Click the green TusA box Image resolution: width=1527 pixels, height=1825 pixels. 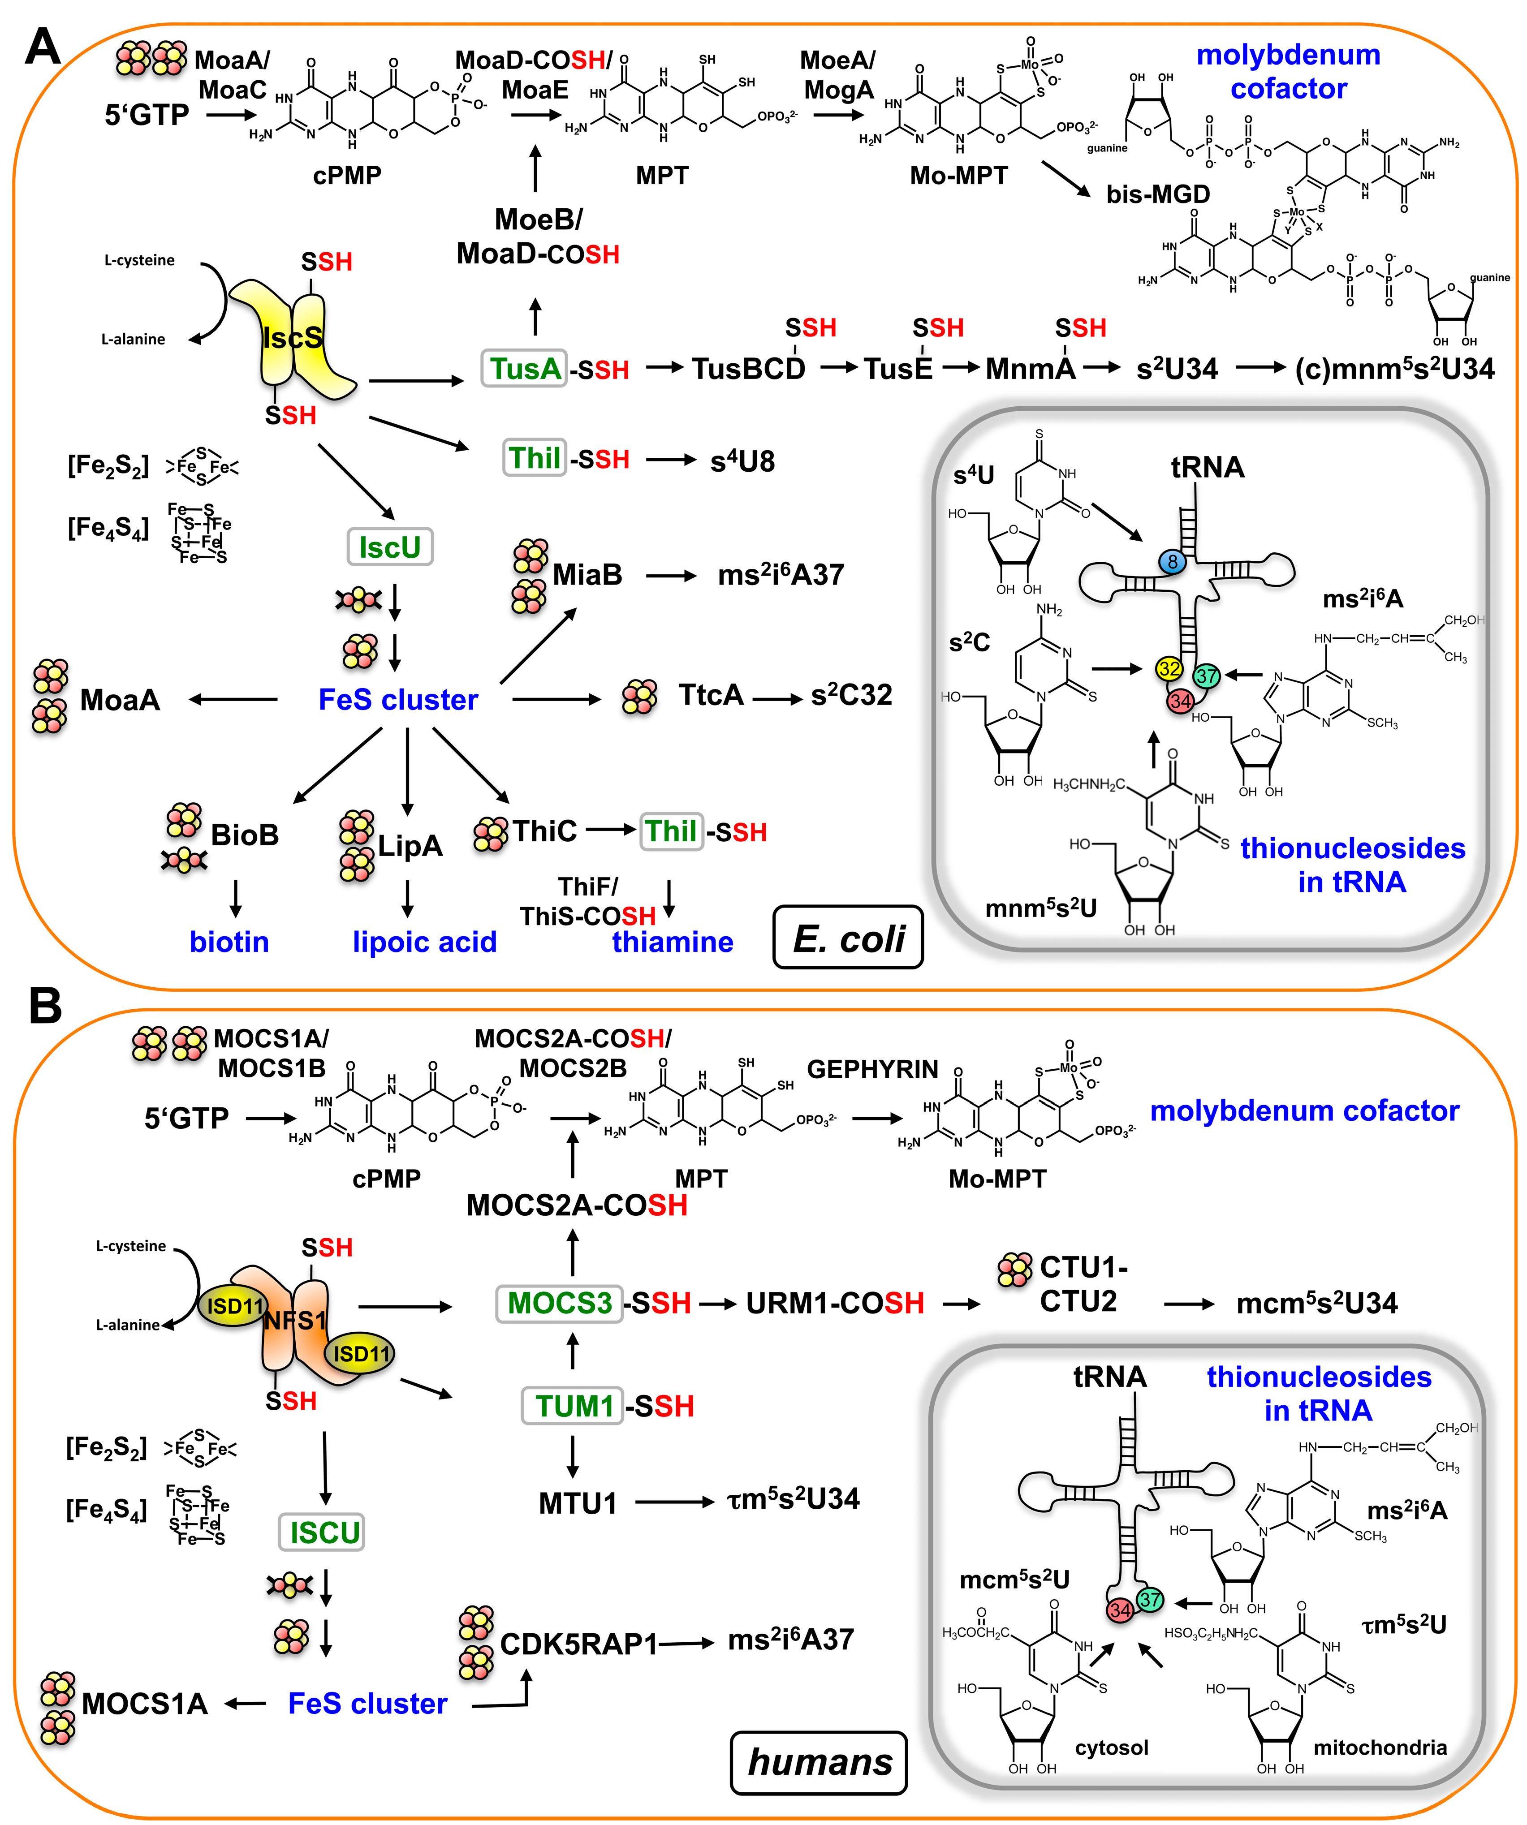(x=524, y=369)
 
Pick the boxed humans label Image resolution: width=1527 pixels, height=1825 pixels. (x=820, y=1762)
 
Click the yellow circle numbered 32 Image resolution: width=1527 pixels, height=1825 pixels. (x=1169, y=668)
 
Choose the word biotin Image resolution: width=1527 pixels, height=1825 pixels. (x=229, y=942)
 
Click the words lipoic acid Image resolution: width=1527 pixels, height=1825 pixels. (x=425, y=942)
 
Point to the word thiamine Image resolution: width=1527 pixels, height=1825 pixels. (x=673, y=942)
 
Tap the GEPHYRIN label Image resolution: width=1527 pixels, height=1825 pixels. (x=872, y=1069)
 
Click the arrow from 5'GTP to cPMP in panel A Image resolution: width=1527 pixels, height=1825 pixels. (x=231, y=115)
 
